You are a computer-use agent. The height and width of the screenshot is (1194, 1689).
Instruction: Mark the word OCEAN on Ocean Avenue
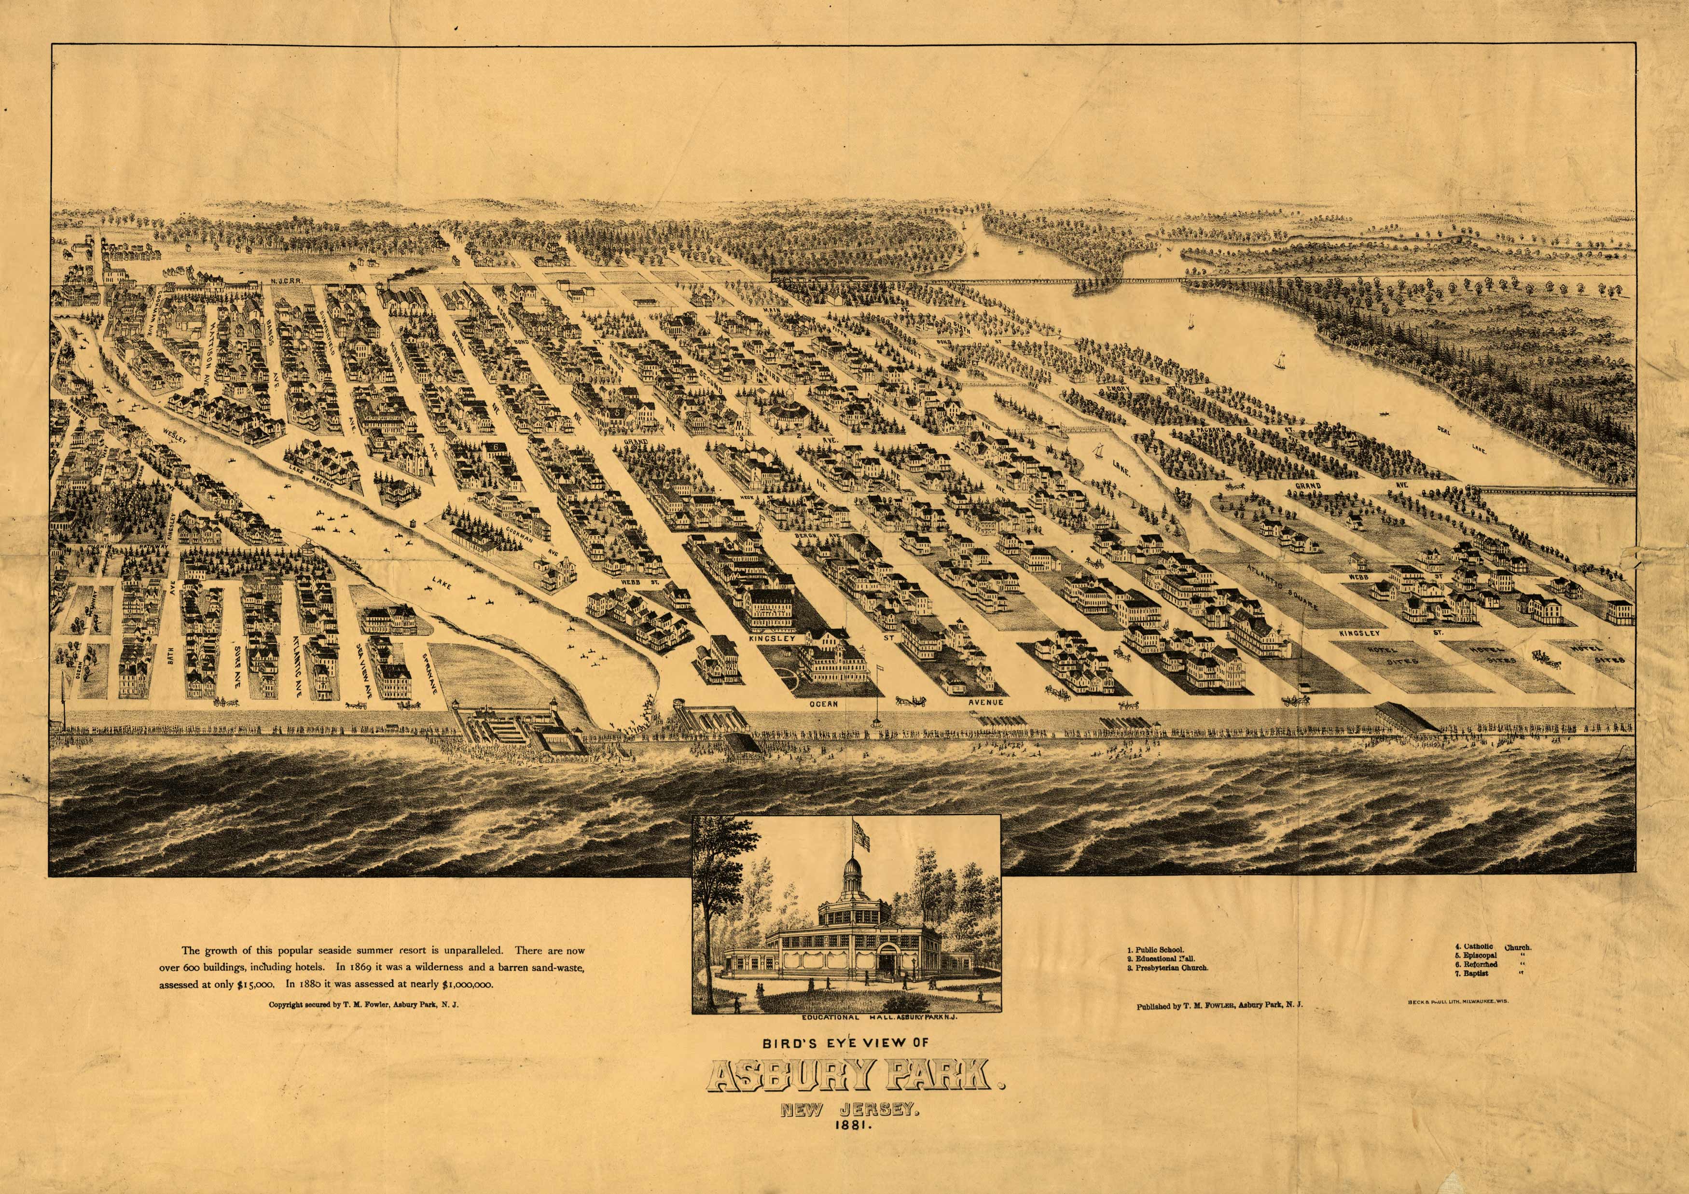pos(824,703)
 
